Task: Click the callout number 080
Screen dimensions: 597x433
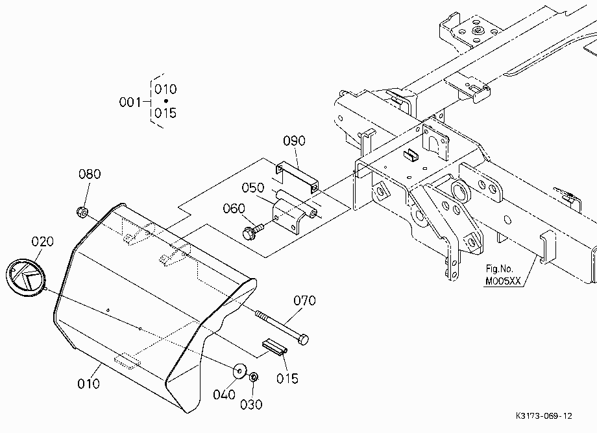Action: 90,174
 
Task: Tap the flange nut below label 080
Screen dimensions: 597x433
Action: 82,212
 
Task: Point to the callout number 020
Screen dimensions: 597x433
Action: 42,241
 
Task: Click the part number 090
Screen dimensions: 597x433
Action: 294,141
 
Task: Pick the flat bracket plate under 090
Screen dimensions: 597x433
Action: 297,177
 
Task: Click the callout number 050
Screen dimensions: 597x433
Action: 253,188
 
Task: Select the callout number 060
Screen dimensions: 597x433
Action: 234,209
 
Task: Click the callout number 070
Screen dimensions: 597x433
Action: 304,301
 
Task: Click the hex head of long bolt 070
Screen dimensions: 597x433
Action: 303,339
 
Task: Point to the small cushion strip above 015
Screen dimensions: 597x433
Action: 274,347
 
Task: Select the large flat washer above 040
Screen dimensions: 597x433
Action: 239,371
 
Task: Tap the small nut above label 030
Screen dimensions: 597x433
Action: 254,377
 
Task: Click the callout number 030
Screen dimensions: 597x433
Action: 251,404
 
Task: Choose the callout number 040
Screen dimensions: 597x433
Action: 224,395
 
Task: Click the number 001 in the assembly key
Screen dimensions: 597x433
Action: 130,102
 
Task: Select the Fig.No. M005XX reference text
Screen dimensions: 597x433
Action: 502,275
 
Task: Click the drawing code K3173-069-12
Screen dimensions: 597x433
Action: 544,416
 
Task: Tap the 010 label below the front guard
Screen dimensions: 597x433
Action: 88,384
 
